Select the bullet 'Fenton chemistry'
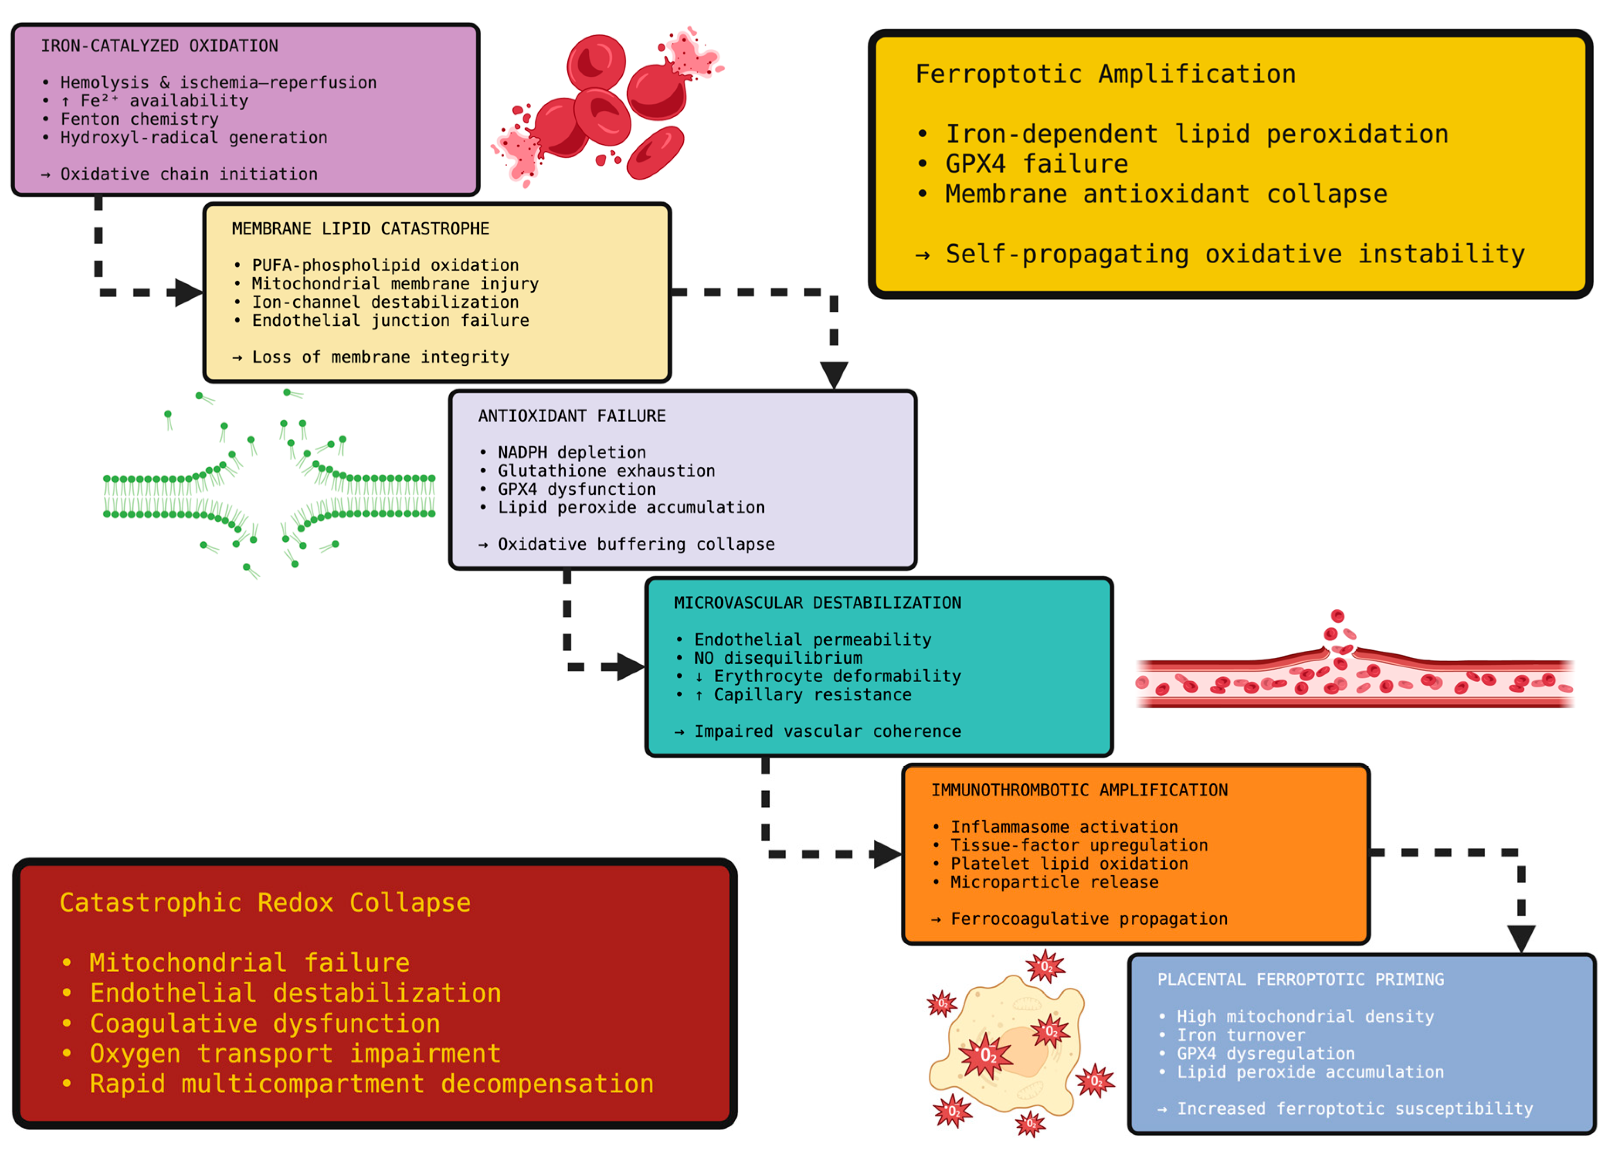coord(139,119)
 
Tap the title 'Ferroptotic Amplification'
coord(1106,74)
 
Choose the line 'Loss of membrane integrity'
coord(380,357)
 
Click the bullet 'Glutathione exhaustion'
coord(606,470)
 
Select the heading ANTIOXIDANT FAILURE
coord(572,415)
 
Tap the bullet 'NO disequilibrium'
coord(778,658)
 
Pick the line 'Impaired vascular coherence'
coord(828,731)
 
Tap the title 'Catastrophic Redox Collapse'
coord(265,903)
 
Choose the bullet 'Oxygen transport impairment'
coord(295,1054)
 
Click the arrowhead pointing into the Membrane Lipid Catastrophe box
coord(189,292)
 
